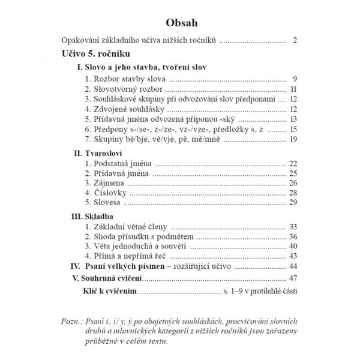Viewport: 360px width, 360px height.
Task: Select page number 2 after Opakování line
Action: (x=296, y=41)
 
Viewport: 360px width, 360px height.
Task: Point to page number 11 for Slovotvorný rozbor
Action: (x=293, y=89)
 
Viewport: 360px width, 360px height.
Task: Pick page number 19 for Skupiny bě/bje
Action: (x=293, y=139)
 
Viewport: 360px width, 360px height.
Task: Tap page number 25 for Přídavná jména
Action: (x=293, y=173)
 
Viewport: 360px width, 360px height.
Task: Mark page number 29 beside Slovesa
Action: (x=293, y=203)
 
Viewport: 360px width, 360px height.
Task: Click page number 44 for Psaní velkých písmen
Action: (x=293, y=266)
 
